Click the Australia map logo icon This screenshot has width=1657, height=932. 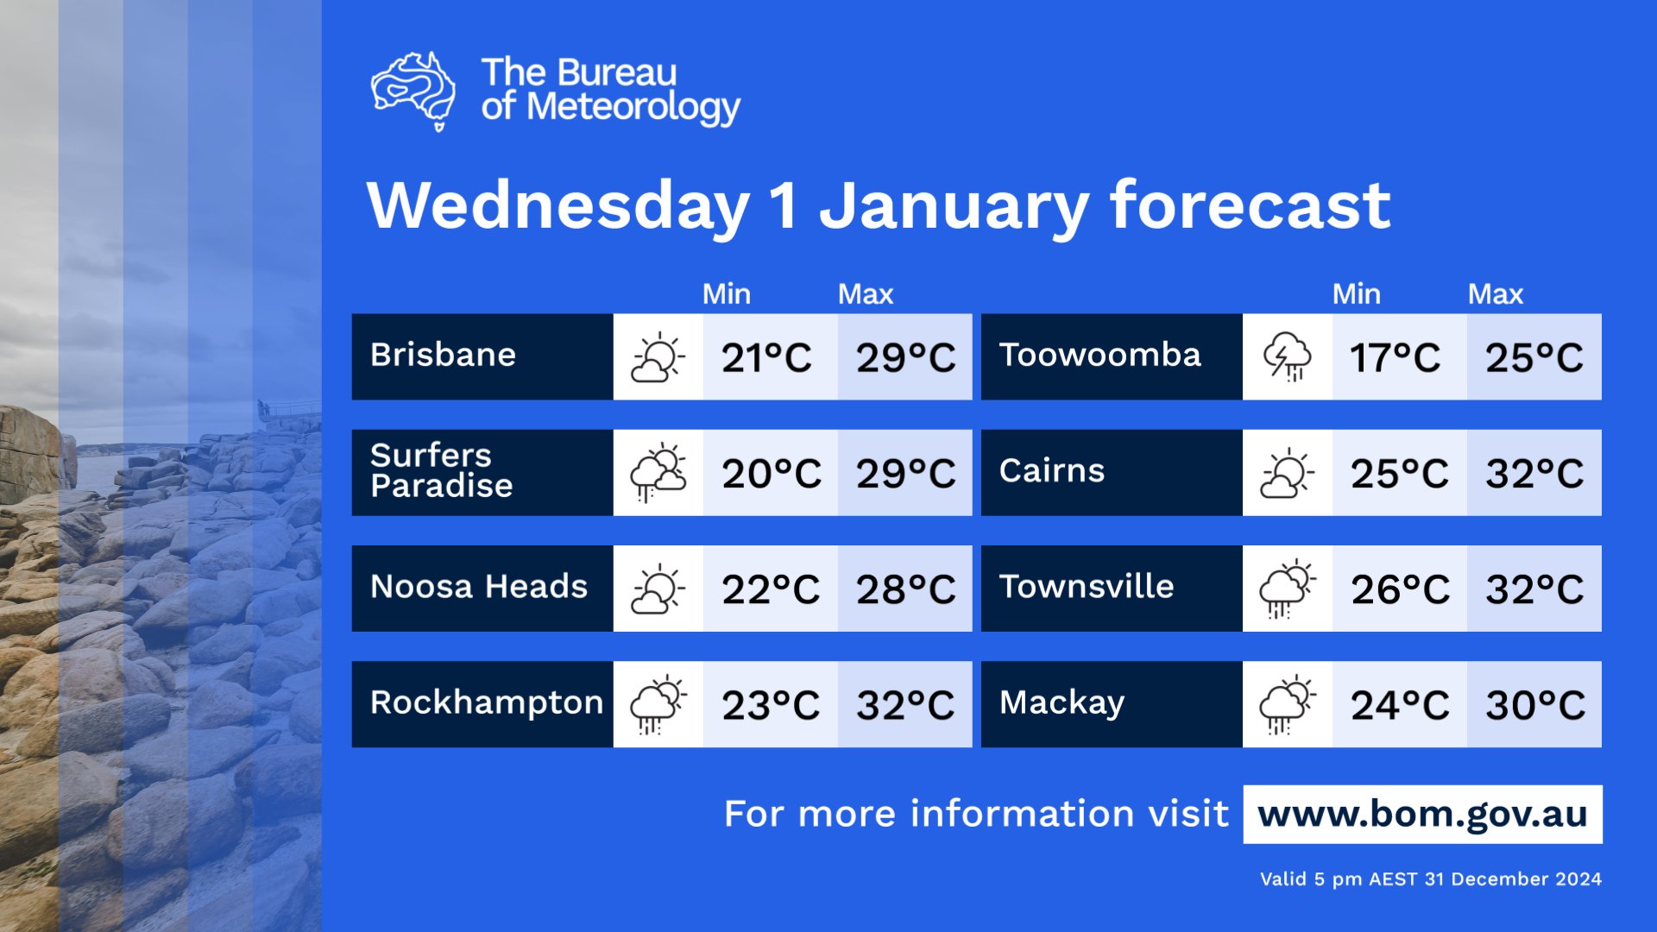point(413,91)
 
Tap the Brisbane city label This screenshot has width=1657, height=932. point(443,356)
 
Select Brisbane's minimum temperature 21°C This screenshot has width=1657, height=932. point(766,357)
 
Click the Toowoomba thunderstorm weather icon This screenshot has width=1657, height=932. point(1287,356)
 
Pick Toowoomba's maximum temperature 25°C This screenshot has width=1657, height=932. point(1534,357)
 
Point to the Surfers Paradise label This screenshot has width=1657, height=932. point(442,471)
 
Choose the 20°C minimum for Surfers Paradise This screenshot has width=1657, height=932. point(771,473)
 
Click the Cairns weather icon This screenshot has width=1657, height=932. point(1287,473)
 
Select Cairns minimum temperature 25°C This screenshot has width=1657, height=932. point(1399,473)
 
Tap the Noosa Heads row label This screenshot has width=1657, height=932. point(479,588)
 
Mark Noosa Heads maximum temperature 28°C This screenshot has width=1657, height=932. point(905,589)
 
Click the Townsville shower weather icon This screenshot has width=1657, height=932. point(1287,589)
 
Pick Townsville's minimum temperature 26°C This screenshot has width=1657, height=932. point(1400,589)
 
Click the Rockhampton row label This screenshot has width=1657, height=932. point(486,703)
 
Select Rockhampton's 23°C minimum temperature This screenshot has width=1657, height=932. point(771,705)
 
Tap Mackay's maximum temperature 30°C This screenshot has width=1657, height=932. point(1534,705)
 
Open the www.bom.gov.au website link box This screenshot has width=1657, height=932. point(1422,814)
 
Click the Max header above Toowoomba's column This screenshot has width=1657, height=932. point(1495,294)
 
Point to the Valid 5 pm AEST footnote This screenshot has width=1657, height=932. point(1430,879)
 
